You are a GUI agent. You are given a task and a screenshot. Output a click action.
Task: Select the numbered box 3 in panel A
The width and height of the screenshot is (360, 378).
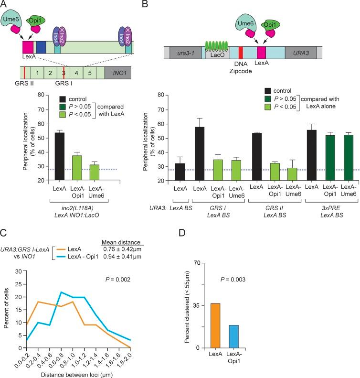63,73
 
